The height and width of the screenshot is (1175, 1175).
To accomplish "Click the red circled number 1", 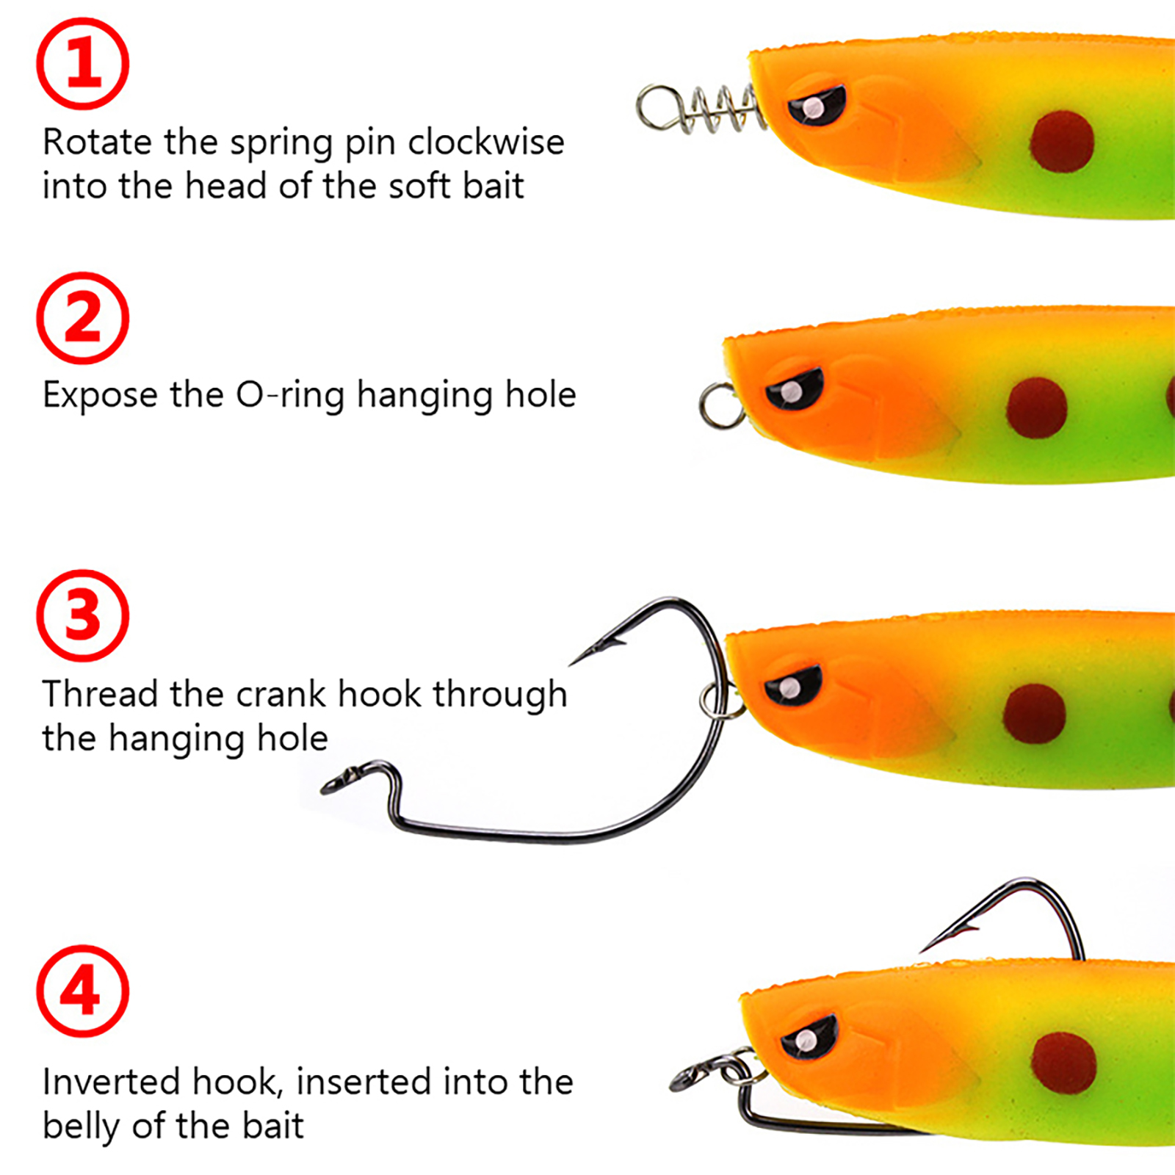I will pos(83,64).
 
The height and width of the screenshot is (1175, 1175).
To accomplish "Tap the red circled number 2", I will pos(83,318).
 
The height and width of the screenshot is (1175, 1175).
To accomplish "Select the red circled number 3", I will pos(83,615).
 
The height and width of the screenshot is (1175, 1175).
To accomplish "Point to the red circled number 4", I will pos(83,991).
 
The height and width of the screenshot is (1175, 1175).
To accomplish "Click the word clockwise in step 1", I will pos(485,142).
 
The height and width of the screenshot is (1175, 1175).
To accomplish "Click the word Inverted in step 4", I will pos(110,1082).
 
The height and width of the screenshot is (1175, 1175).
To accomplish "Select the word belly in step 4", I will pos(80,1127).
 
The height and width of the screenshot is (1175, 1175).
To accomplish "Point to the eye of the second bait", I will pos(794,389).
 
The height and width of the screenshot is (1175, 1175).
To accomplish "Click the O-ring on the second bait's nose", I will pos(720,405).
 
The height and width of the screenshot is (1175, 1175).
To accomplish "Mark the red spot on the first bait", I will pos(1061,142).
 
